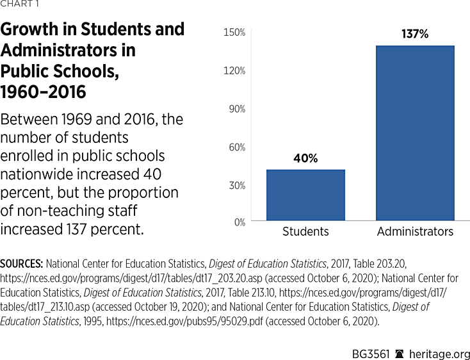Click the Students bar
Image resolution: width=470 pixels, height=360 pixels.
click(x=305, y=195)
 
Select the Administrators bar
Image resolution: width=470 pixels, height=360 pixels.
click(x=415, y=133)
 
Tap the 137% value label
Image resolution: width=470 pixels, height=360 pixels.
click(x=415, y=34)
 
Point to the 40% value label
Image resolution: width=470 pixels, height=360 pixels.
click(x=305, y=158)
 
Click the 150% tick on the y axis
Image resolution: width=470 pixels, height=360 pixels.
click(x=234, y=32)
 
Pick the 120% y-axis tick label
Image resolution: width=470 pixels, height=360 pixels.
click(x=234, y=70)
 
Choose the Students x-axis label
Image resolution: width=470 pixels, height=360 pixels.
click(x=305, y=231)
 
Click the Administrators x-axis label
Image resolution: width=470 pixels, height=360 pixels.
click(x=415, y=231)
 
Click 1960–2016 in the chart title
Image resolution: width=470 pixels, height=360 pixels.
click(x=44, y=92)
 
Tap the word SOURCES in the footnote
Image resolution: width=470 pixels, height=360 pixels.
click(x=22, y=263)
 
